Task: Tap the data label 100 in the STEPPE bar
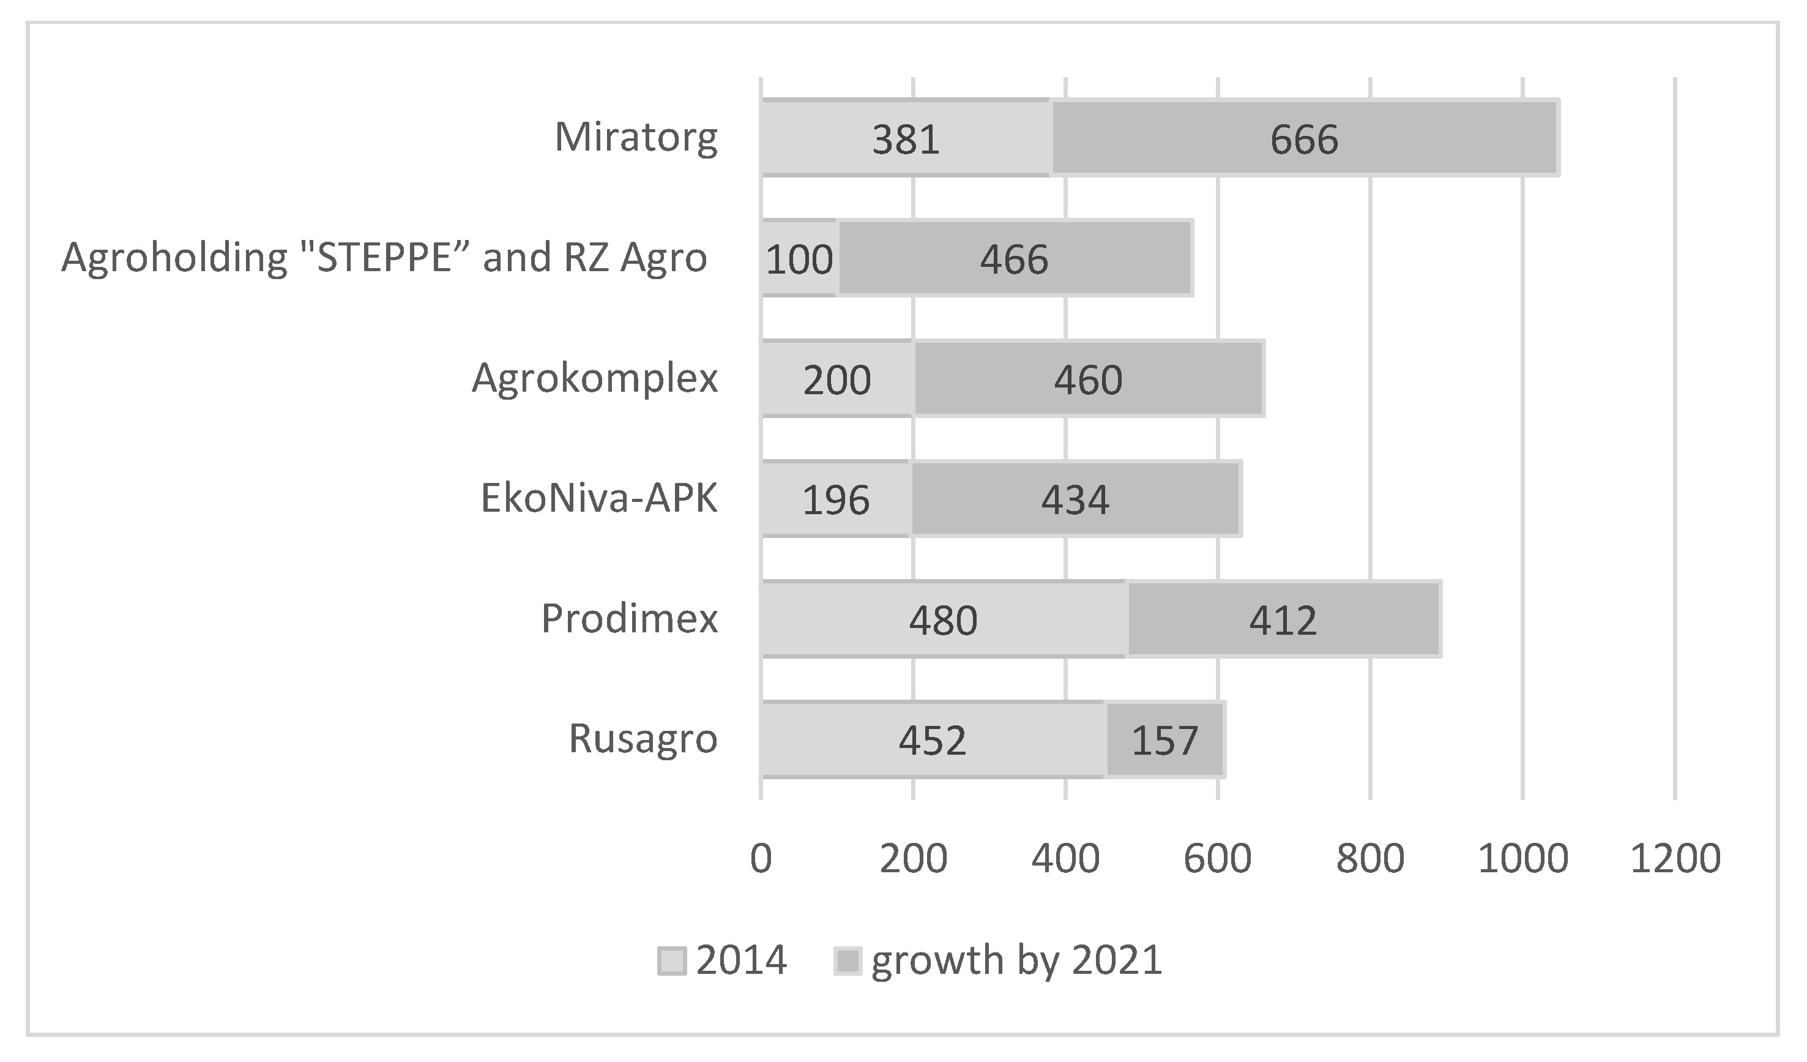799,260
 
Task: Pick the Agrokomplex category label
594,378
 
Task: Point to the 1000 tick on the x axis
1522,858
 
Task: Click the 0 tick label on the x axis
761,858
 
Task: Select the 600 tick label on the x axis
1218,858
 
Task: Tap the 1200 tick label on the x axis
1675,858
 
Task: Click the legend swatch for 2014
671,961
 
